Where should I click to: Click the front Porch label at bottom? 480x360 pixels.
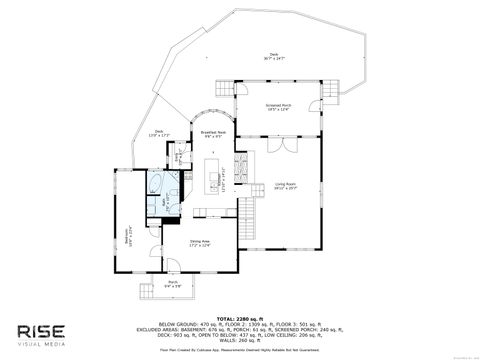(x=172, y=284)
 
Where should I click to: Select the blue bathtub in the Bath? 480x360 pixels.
(x=159, y=184)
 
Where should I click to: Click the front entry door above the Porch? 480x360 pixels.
(x=172, y=270)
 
